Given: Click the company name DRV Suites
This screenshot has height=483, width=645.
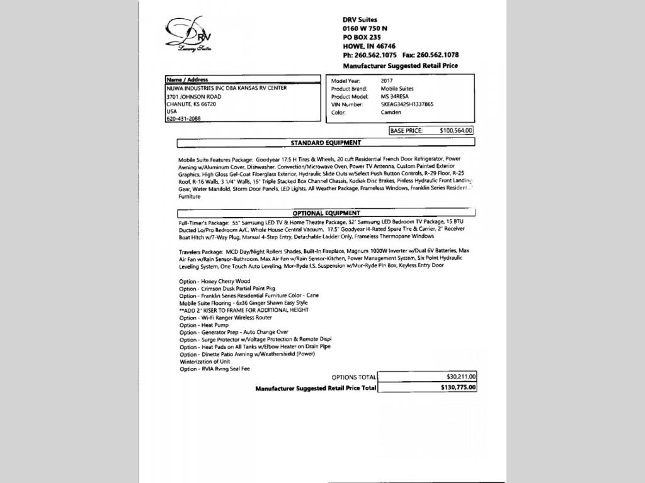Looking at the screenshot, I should click(x=360, y=19).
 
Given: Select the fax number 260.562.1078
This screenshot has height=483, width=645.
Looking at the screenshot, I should click(x=438, y=55).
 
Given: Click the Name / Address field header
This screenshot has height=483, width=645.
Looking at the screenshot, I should click(x=187, y=80).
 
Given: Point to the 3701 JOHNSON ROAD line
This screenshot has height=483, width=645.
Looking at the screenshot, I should click(x=194, y=97).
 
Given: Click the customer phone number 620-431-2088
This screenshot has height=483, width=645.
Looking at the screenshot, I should click(x=183, y=119).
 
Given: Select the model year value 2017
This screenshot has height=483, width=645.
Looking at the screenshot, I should click(x=387, y=81).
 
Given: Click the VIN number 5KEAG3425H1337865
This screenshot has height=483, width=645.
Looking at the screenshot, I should click(x=407, y=104).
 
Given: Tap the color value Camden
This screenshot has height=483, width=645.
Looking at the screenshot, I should click(x=391, y=113).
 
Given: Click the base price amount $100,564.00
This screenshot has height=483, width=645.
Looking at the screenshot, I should click(x=455, y=131).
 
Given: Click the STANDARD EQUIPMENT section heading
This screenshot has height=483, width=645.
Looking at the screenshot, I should click(x=326, y=143).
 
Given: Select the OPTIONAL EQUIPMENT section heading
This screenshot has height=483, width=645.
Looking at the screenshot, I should click(x=326, y=213).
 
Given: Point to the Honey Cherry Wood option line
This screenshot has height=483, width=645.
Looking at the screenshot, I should click(x=215, y=281).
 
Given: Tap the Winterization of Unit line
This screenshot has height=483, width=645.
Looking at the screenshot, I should click(x=205, y=362).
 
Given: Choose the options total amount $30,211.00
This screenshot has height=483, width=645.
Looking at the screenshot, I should click(x=460, y=377).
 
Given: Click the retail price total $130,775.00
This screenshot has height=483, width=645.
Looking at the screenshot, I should click(x=458, y=388).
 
